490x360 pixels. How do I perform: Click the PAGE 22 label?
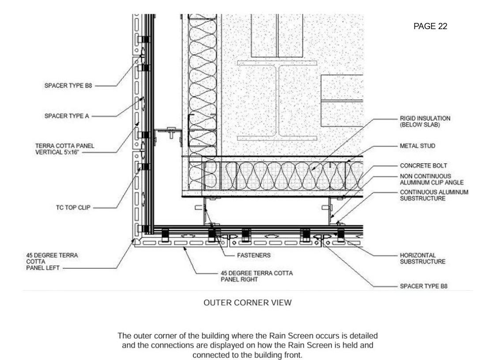[430, 26]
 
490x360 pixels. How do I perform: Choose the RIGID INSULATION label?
[422, 118]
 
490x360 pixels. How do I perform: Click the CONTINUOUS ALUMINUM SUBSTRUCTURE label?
[434, 195]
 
